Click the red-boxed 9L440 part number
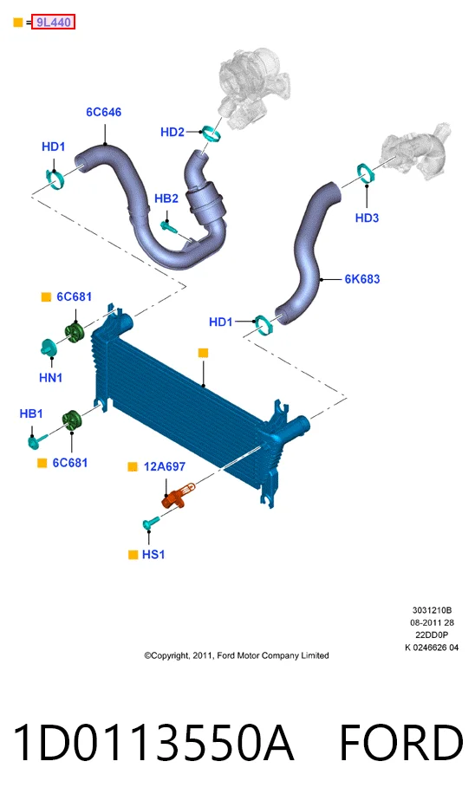click(53, 23)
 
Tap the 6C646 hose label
click(103, 112)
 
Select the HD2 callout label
click(172, 133)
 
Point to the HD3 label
click(367, 218)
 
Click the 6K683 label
click(362, 279)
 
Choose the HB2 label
click(166, 198)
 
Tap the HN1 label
click(51, 378)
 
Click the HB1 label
click(31, 413)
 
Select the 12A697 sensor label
click(164, 467)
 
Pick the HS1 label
click(153, 555)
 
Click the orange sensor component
click(178, 496)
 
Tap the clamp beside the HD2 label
click(211, 133)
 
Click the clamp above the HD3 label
click(366, 172)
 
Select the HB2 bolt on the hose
click(169, 226)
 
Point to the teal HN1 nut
click(48, 347)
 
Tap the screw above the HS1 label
click(151, 523)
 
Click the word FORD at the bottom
click(401, 743)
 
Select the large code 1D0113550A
click(153, 743)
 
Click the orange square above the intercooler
click(204, 353)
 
